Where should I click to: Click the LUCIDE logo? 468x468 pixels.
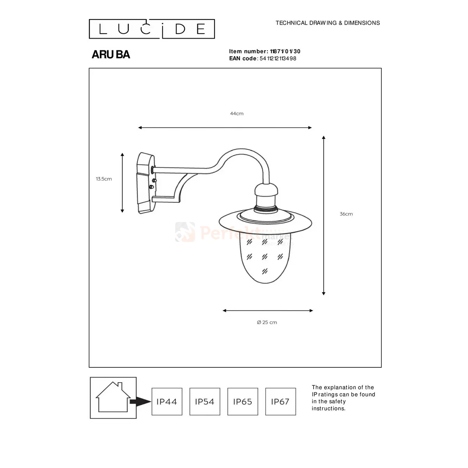152,29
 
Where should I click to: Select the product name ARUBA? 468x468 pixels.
111,54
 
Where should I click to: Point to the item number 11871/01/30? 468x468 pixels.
285,51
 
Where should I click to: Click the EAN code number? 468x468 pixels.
278,58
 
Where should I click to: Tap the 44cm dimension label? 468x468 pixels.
237,113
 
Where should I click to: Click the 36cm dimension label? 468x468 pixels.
346,214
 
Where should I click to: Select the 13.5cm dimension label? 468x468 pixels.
104,179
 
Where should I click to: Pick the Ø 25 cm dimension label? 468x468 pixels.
267,322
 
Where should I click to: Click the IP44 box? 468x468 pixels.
167,401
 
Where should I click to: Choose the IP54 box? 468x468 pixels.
205,401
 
